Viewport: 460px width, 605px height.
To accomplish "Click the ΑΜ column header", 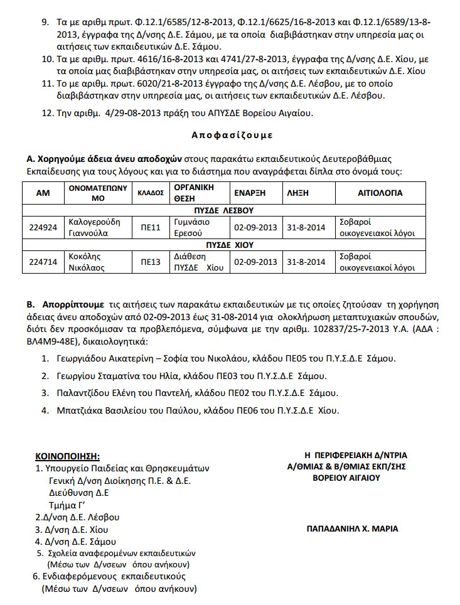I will point(43,193).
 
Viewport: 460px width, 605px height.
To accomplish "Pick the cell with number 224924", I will point(43,227).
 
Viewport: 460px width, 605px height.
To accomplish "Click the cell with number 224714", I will point(43,262).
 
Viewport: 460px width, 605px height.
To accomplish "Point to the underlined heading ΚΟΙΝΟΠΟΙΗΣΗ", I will point(68,456).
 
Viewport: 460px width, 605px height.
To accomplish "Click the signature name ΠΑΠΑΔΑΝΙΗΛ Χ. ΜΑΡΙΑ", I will point(352,528).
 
